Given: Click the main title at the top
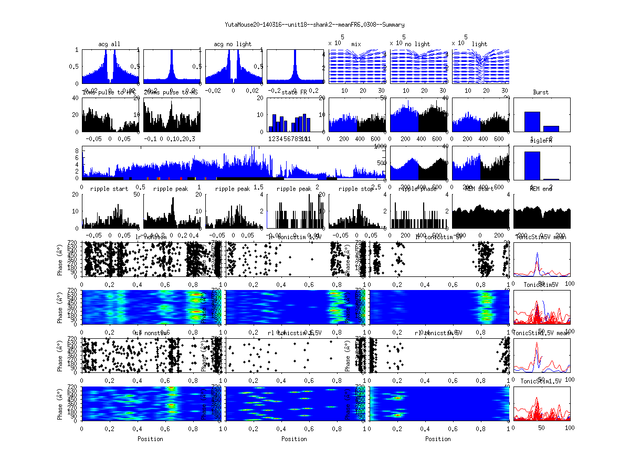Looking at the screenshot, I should click(x=314, y=25).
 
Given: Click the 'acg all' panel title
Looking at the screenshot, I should click(x=109, y=44).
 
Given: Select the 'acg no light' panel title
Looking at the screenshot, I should click(x=233, y=44).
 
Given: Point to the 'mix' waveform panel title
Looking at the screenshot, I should click(x=356, y=44).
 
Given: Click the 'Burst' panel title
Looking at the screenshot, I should click(x=541, y=92).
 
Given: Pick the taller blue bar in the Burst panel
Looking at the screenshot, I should click(x=532, y=121).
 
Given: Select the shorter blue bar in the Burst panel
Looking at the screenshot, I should click(x=551, y=128).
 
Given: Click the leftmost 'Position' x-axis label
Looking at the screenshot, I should click(x=150, y=438).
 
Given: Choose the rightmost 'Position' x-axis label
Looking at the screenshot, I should click(x=438, y=438).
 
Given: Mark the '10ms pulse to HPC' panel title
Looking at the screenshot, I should click(x=109, y=92).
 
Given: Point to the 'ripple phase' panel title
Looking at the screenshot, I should click(x=418, y=189).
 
